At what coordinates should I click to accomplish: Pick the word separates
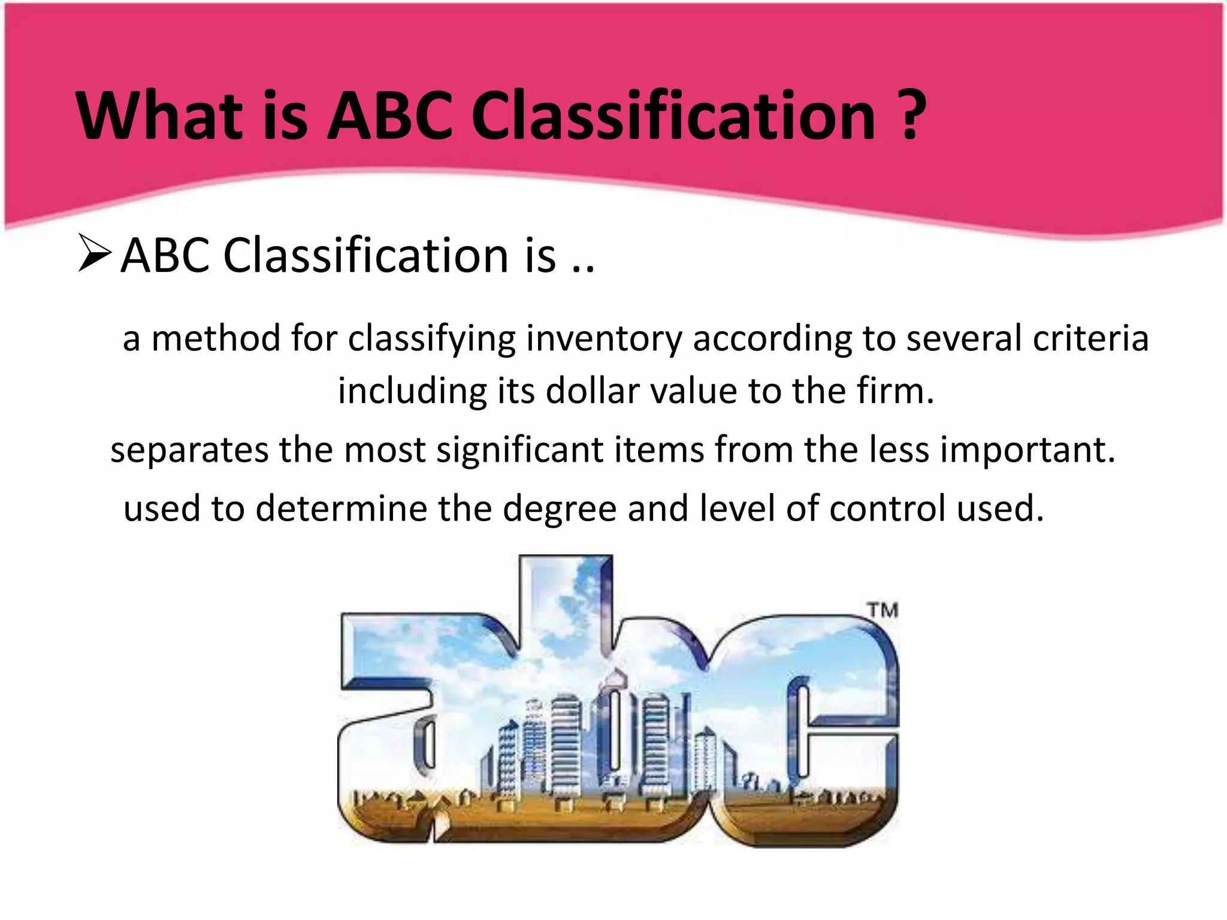point(189,450)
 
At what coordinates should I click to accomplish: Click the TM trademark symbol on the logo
point(883,610)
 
